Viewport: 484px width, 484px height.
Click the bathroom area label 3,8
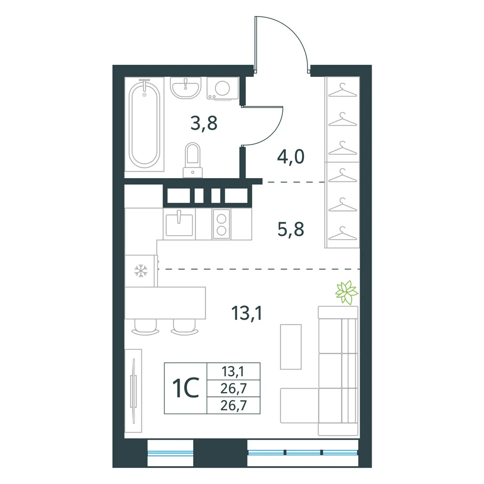pos(204,123)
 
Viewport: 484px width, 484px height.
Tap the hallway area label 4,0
pos(291,156)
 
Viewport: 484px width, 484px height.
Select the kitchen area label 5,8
pos(291,229)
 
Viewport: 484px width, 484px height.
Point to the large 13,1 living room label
pos(247,313)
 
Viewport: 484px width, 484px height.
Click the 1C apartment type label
pos(185,388)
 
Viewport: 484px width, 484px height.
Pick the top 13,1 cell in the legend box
pos(233,371)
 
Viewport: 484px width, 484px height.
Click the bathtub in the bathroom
pos(144,123)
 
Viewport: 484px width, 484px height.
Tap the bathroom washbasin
pos(185,88)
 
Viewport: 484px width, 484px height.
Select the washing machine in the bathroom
pos(222,89)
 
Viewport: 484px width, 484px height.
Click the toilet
pos(193,160)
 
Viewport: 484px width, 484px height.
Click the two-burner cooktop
pos(221,224)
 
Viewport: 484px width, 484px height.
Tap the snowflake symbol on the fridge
pos(141,271)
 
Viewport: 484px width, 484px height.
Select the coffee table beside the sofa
pos(291,347)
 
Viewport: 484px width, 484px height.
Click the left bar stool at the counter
pos(145,328)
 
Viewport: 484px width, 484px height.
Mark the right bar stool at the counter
pos(184,328)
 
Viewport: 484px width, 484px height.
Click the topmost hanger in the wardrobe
pos(342,91)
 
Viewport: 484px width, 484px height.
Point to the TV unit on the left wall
pos(134,391)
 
